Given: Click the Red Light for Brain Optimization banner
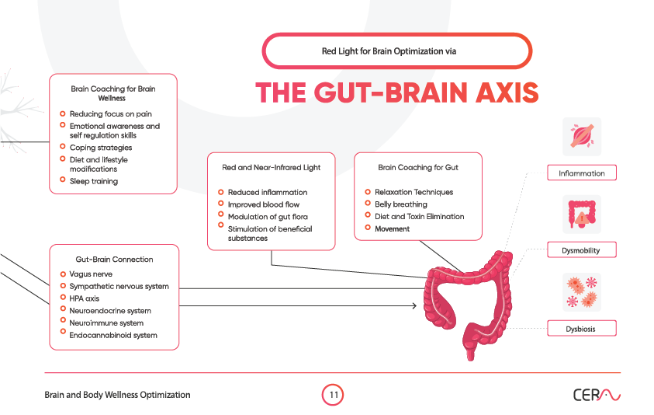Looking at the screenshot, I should coord(396,51).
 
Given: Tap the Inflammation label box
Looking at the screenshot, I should coord(581,173).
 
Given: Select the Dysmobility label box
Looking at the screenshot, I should coord(581,250).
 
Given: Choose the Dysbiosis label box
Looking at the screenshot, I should coord(581,329).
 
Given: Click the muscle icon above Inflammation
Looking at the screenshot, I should coord(581,137).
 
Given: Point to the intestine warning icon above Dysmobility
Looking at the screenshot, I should coord(581,214).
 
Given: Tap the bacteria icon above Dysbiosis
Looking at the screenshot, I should coord(581,292).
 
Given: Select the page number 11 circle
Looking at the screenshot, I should coord(332,395).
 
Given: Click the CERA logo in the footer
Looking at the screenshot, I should coord(597,395).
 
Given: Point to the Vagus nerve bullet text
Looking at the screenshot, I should coord(91,274).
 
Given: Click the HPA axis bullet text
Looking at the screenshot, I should coord(85,298).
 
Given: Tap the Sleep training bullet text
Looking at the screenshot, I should coord(94,181).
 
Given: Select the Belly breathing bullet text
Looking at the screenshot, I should coord(400,204).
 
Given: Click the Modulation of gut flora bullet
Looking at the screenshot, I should coord(262,217).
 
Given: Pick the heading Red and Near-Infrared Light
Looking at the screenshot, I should coord(271,167).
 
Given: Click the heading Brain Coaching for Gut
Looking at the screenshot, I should coord(418,167).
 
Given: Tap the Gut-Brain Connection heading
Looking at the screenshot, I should coord(114,259).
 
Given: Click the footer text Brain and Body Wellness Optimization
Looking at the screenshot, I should coord(116,395).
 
